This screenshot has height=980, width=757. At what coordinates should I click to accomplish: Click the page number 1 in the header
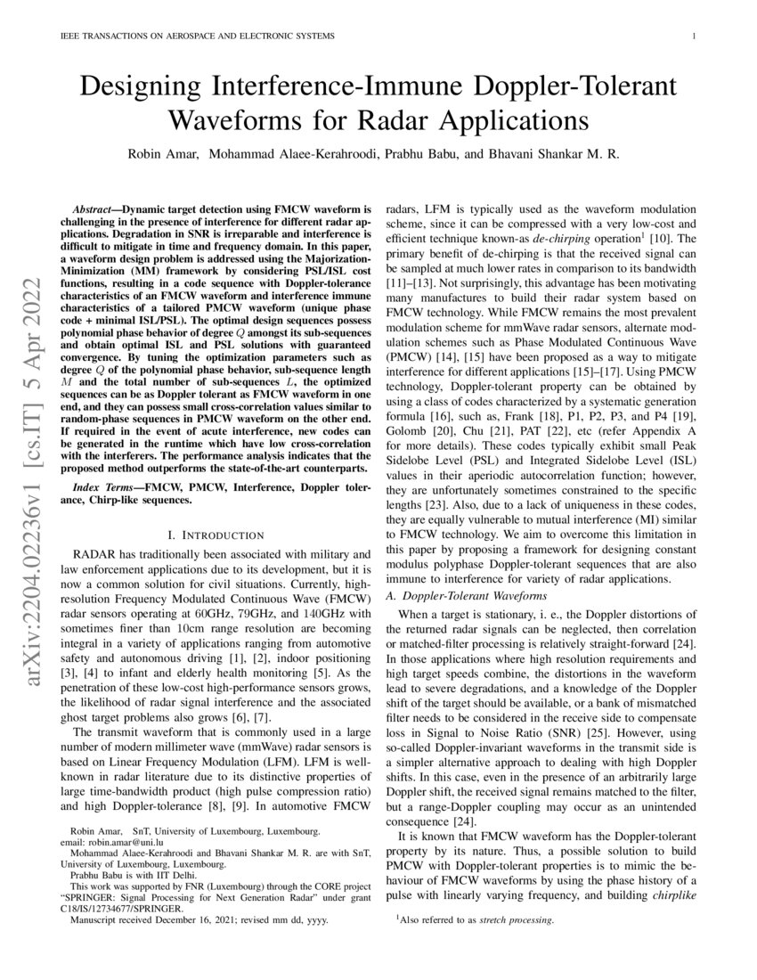pyautogui.click(x=693, y=37)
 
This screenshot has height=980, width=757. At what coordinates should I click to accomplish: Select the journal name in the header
pyautogui.click(x=196, y=37)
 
